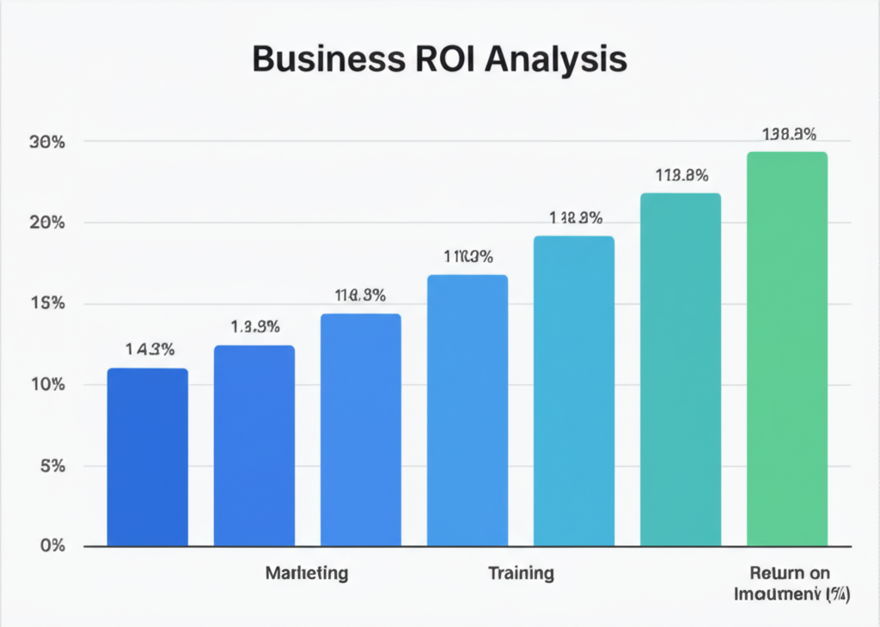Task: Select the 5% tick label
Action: click(x=52, y=466)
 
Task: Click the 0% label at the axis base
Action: click(x=52, y=546)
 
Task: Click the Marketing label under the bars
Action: click(x=307, y=573)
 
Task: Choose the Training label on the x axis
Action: click(x=521, y=573)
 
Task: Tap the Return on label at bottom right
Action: click(x=789, y=573)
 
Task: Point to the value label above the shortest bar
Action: click(x=150, y=350)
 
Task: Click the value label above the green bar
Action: click(x=789, y=134)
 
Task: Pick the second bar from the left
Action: click(x=254, y=446)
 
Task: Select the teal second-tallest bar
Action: click(x=681, y=369)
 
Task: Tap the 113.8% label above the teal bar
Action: click(x=681, y=176)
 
